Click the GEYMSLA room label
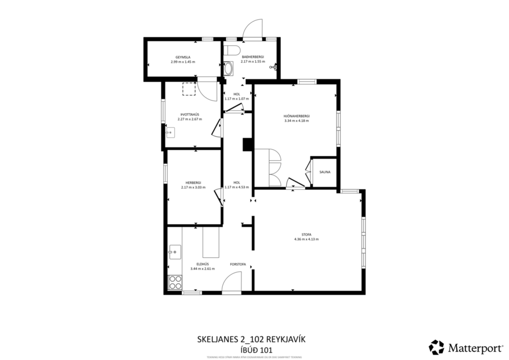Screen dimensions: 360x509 tap(183, 57)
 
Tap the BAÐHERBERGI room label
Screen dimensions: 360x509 tap(252, 57)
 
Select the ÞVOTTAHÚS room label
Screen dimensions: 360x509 tap(190, 114)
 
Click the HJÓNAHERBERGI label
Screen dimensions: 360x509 tap(296, 116)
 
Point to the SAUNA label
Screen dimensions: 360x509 tap(325, 172)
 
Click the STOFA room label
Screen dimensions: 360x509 tap(306, 234)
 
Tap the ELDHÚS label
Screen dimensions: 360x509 tap(202, 264)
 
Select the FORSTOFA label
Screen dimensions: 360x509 tap(238, 264)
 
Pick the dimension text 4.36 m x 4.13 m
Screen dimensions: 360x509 tap(306, 239)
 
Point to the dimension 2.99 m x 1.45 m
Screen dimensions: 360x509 tap(183, 62)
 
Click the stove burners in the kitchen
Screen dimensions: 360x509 tap(175, 283)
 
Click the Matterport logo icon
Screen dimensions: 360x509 tap(436, 347)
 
